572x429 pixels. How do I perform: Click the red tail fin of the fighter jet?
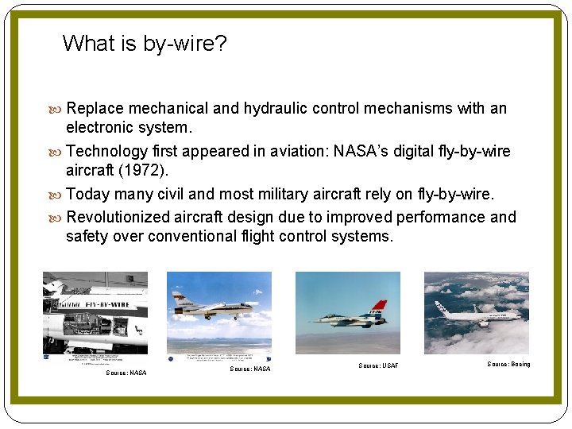pyautogui.click(x=377, y=305)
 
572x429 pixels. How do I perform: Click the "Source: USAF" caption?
pyautogui.click(x=378, y=366)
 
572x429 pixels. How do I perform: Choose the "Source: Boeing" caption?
pyautogui.click(x=508, y=365)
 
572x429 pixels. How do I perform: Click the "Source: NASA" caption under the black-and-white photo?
pyautogui.click(x=126, y=373)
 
